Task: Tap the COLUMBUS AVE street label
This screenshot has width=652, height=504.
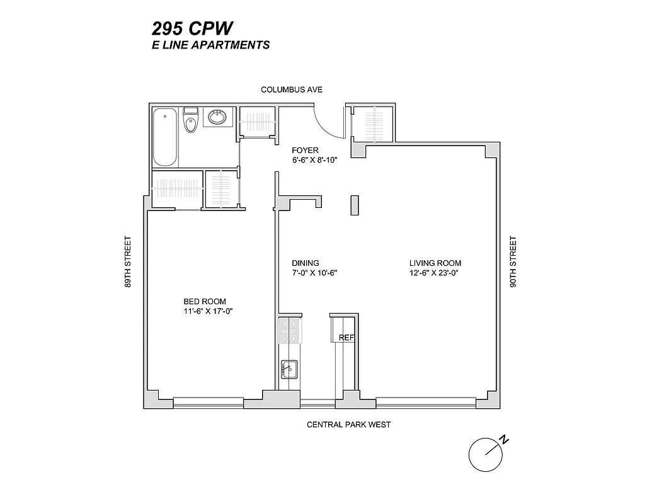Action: (x=292, y=90)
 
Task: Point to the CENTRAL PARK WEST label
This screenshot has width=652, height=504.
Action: (x=348, y=425)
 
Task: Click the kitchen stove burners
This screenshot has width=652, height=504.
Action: (x=289, y=330)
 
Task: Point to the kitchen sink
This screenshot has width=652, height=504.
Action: (x=289, y=369)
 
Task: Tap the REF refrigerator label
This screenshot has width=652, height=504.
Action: (x=346, y=338)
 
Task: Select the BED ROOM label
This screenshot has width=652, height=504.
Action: (x=205, y=301)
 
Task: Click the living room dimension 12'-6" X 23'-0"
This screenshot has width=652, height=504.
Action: (x=435, y=273)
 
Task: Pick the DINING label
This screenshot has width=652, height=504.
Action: (x=306, y=263)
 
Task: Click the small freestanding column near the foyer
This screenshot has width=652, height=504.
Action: (x=355, y=206)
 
